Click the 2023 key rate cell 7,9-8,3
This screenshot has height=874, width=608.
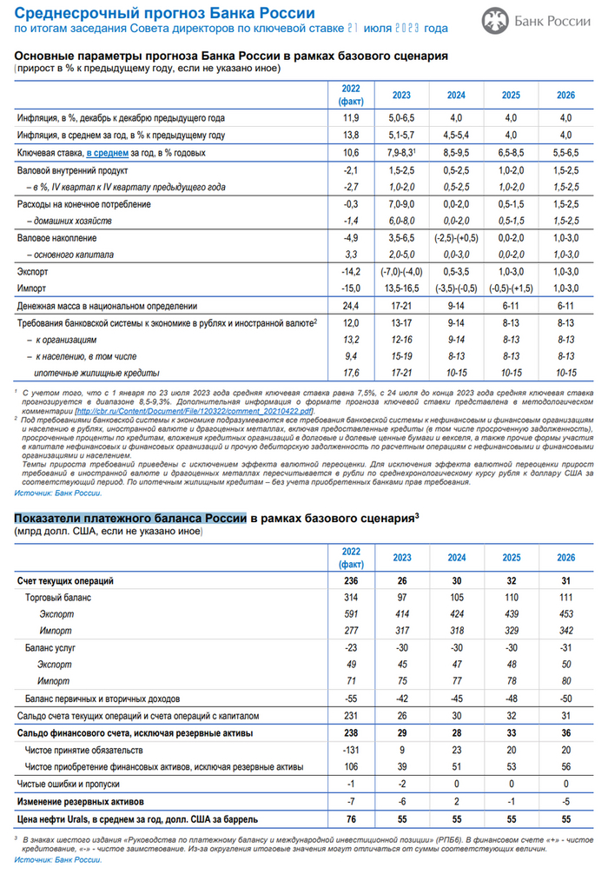401,152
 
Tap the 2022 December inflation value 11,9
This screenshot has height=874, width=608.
350,116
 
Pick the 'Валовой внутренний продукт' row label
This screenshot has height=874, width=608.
73,170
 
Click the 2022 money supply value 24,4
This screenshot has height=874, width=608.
350,306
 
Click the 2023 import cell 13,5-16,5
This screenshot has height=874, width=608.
401,288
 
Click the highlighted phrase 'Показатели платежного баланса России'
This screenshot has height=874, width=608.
129,518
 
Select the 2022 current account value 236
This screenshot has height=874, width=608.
350,580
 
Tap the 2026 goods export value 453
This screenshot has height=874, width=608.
565,613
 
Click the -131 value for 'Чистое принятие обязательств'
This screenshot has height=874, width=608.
350,749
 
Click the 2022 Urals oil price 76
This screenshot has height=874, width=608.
350,818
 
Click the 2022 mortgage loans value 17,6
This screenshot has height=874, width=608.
350,373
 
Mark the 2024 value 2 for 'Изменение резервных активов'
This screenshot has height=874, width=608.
456,800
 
